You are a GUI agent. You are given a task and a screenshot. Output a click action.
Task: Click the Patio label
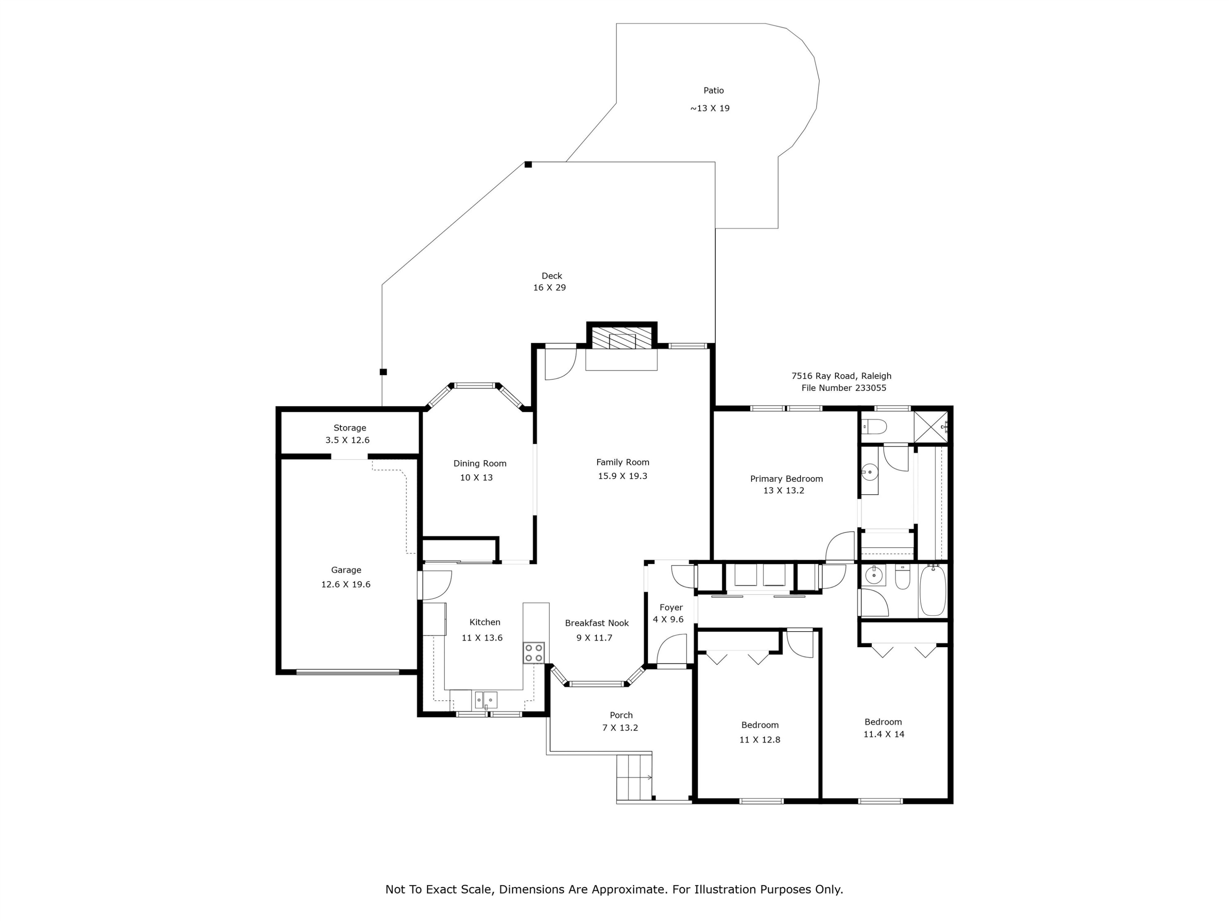pyautogui.click(x=713, y=90)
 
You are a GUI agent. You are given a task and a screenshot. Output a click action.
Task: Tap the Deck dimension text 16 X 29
pyautogui.click(x=549, y=288)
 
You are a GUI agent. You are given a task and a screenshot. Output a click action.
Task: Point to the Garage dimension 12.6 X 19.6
pyautogui.click(x=346, y=584)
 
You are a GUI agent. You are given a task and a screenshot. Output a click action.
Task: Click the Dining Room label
pyautogui.click(x=479, y=463)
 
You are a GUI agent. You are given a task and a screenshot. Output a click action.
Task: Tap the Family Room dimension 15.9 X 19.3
pyautogui.click(x=622, y=476)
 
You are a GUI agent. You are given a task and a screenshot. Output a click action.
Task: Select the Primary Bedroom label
pyautogui.click(x=786, y=479)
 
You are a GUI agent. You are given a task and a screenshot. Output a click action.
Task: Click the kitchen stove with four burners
pyautogui.click(x=533, y=653)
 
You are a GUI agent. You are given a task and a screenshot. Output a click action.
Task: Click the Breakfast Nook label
pyautogui.click(x=597, y=623)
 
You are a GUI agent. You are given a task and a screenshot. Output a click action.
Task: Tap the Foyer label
pyautogui.click(x=671, y=607)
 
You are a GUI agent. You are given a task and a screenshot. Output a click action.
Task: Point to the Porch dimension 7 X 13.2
pyautogui.click(x=620, y=728)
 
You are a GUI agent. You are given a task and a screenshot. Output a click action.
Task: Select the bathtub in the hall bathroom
pyautogui.click(x=933, y=590)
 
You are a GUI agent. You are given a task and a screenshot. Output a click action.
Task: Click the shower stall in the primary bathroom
pyautogui.click(x=931, y=427)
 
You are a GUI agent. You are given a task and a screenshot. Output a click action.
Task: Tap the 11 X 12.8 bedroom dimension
pyautogui.click(x=760, y=740)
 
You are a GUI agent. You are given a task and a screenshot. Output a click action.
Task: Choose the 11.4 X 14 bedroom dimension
pyautogui.click(x=883, y=734)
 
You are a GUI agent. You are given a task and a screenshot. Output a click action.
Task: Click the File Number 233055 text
pyautogui.click(x=844, y=388)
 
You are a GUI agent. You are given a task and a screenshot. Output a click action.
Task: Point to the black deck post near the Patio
pyautogui.click(x=528, y=164)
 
